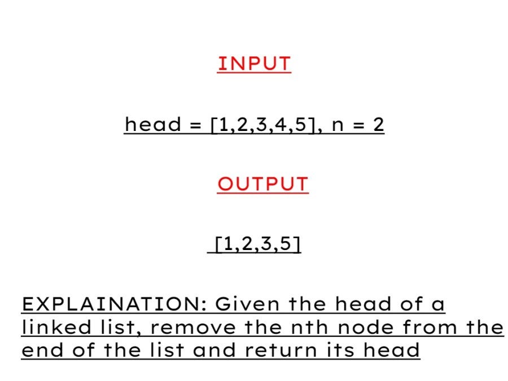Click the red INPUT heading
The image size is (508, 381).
pos(254,63)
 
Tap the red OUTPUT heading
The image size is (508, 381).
pos(262,184)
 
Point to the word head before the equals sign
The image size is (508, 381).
pos(152,124)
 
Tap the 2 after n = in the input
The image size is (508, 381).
pos(378,124)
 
